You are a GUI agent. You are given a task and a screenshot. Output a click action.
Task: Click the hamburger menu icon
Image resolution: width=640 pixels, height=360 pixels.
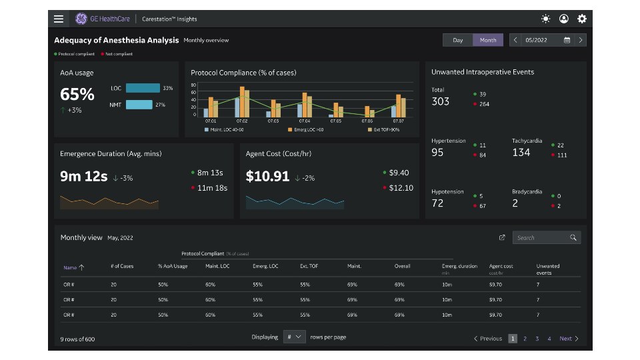tap(59, 19)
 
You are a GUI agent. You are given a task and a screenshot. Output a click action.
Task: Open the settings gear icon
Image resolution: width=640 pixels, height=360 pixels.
tap(582, 19)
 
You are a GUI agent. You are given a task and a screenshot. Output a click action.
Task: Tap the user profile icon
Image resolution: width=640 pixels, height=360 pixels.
tap(564, 19)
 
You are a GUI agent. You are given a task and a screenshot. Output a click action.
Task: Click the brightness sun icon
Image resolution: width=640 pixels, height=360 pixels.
tap(546, 19)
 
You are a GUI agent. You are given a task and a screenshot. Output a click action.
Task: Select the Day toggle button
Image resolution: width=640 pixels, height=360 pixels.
tap(458, 40)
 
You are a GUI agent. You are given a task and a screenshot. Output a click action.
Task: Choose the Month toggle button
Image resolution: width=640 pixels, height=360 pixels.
tap(488, 40)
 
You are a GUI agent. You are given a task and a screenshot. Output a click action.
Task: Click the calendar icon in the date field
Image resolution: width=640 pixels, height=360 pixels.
tap(567, 40)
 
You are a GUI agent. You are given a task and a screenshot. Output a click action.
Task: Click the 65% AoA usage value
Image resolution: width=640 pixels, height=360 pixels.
tap(77, 94)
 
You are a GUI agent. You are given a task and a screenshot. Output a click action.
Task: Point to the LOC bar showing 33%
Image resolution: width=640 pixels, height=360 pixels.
tap(143, 88)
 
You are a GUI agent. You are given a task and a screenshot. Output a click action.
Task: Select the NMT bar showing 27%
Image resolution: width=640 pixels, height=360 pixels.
tap(139, 105)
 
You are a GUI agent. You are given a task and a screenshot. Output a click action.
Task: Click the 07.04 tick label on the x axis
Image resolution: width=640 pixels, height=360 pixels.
tap(305, 121)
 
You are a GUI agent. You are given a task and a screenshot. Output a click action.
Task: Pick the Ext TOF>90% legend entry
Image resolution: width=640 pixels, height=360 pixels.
tap(384, 129)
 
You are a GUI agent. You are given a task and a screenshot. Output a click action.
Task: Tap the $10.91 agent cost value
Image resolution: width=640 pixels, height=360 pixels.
tap(267, 177)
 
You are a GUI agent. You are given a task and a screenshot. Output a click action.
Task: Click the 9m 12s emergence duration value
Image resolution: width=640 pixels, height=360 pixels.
tap(84, 177)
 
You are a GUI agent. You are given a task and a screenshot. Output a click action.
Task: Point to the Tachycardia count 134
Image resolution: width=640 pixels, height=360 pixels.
tap(521, 153)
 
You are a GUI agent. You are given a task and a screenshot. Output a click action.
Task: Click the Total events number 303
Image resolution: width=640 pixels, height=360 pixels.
tap(440, 101)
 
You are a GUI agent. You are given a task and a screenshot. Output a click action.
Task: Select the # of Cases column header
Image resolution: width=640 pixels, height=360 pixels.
tap(122, 266)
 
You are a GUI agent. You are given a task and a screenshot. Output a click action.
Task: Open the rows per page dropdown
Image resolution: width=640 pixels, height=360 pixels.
tap(294, 337)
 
